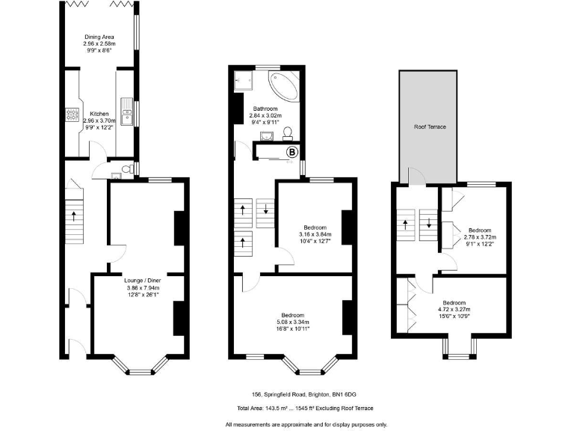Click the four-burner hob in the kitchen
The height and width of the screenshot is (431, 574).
[x=73, y=115]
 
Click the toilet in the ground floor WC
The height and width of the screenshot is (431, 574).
[x=128, y=170]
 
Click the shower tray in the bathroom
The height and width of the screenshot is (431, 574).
[x=242, y=78]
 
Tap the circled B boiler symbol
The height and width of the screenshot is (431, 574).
[x=293, y=153]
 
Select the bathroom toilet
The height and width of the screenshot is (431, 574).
[x=288, y=134]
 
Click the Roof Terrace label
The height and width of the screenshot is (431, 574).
[x=430, y=127]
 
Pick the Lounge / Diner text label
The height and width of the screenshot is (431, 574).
[x=143, y=281]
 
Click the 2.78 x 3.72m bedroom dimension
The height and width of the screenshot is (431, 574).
[x=478, y=237]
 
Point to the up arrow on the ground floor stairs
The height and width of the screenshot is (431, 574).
[x=74, y=215]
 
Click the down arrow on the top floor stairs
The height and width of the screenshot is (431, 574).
[x=430, y=222]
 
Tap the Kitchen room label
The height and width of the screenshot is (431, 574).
[x=99, y=114]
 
